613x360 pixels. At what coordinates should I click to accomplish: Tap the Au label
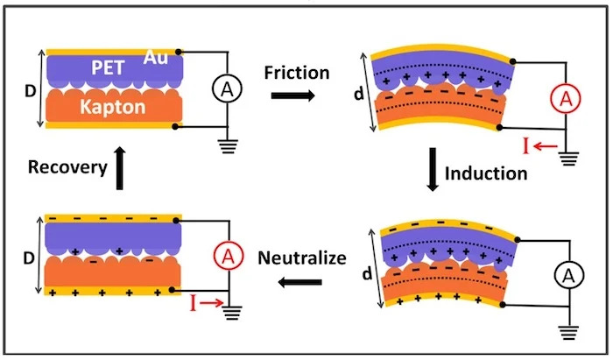click(160, 58)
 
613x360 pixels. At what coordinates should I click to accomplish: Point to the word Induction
click(486, 173)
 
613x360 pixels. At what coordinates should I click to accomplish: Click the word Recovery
click(67, 166)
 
